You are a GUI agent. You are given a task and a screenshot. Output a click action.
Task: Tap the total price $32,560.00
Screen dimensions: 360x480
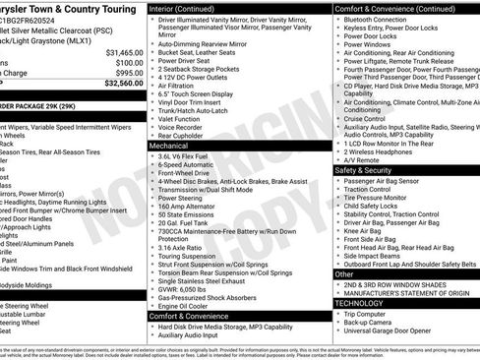(x=124, y=85)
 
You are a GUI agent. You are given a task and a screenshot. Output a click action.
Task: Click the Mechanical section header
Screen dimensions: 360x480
(x=174, y=145)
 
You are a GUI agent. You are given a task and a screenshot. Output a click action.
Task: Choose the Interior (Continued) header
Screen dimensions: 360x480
(x=192, y=8)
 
